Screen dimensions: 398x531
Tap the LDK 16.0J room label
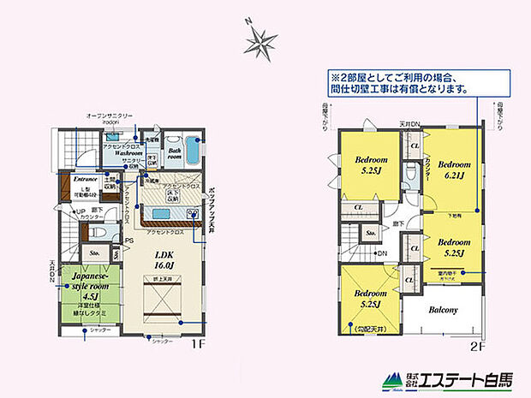click(x=164, y=258)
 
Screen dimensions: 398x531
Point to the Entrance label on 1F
click(x=85, y=179)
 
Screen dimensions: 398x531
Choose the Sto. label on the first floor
click(x=93, y=252)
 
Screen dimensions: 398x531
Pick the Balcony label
click(x=443, y=310)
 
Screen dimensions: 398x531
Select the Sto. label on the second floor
click(x=371, y=232)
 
